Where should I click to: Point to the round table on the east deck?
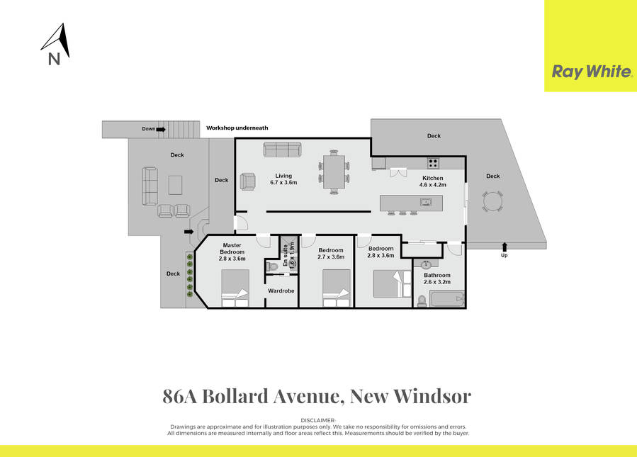pyautogui.click(x=493, y=203)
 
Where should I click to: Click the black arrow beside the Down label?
pyautogui.click(x=162, y=129)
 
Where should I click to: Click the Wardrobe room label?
pyautogui.click(x=281, y=291)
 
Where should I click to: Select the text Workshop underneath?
pyautogui.click(x=237, y=128)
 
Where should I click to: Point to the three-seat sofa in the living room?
pyautogui.click(x=282, y=149)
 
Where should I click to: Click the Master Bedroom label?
pyautogui.click(x=232, y=252)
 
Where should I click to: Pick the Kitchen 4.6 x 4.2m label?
pyautogui.click(x=432, y=182)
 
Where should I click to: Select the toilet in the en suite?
pyautogui.click(x=272, y=267)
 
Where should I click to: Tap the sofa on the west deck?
pyautogui.click(x=150, y=186)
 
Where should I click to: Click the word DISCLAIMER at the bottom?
pyautogui.click(x=318, y=420)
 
